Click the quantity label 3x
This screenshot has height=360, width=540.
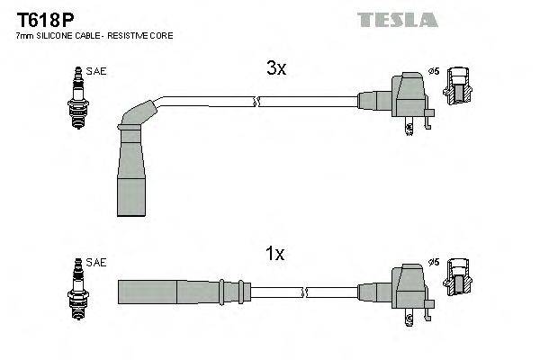pyautogui.click(x=275, y=68)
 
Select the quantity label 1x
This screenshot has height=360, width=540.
pyautogui.click(x=275, y=255)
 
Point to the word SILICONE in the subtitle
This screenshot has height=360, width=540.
pyautogui.click(x=57, y=35)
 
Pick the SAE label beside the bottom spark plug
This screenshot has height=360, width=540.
pyautogui.click(x=96, y=262)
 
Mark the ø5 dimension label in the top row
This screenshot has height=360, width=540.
pyautogui.click(x=434, y=70)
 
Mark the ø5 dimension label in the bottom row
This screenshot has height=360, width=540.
pyautogui.click(x=434, y=262)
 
